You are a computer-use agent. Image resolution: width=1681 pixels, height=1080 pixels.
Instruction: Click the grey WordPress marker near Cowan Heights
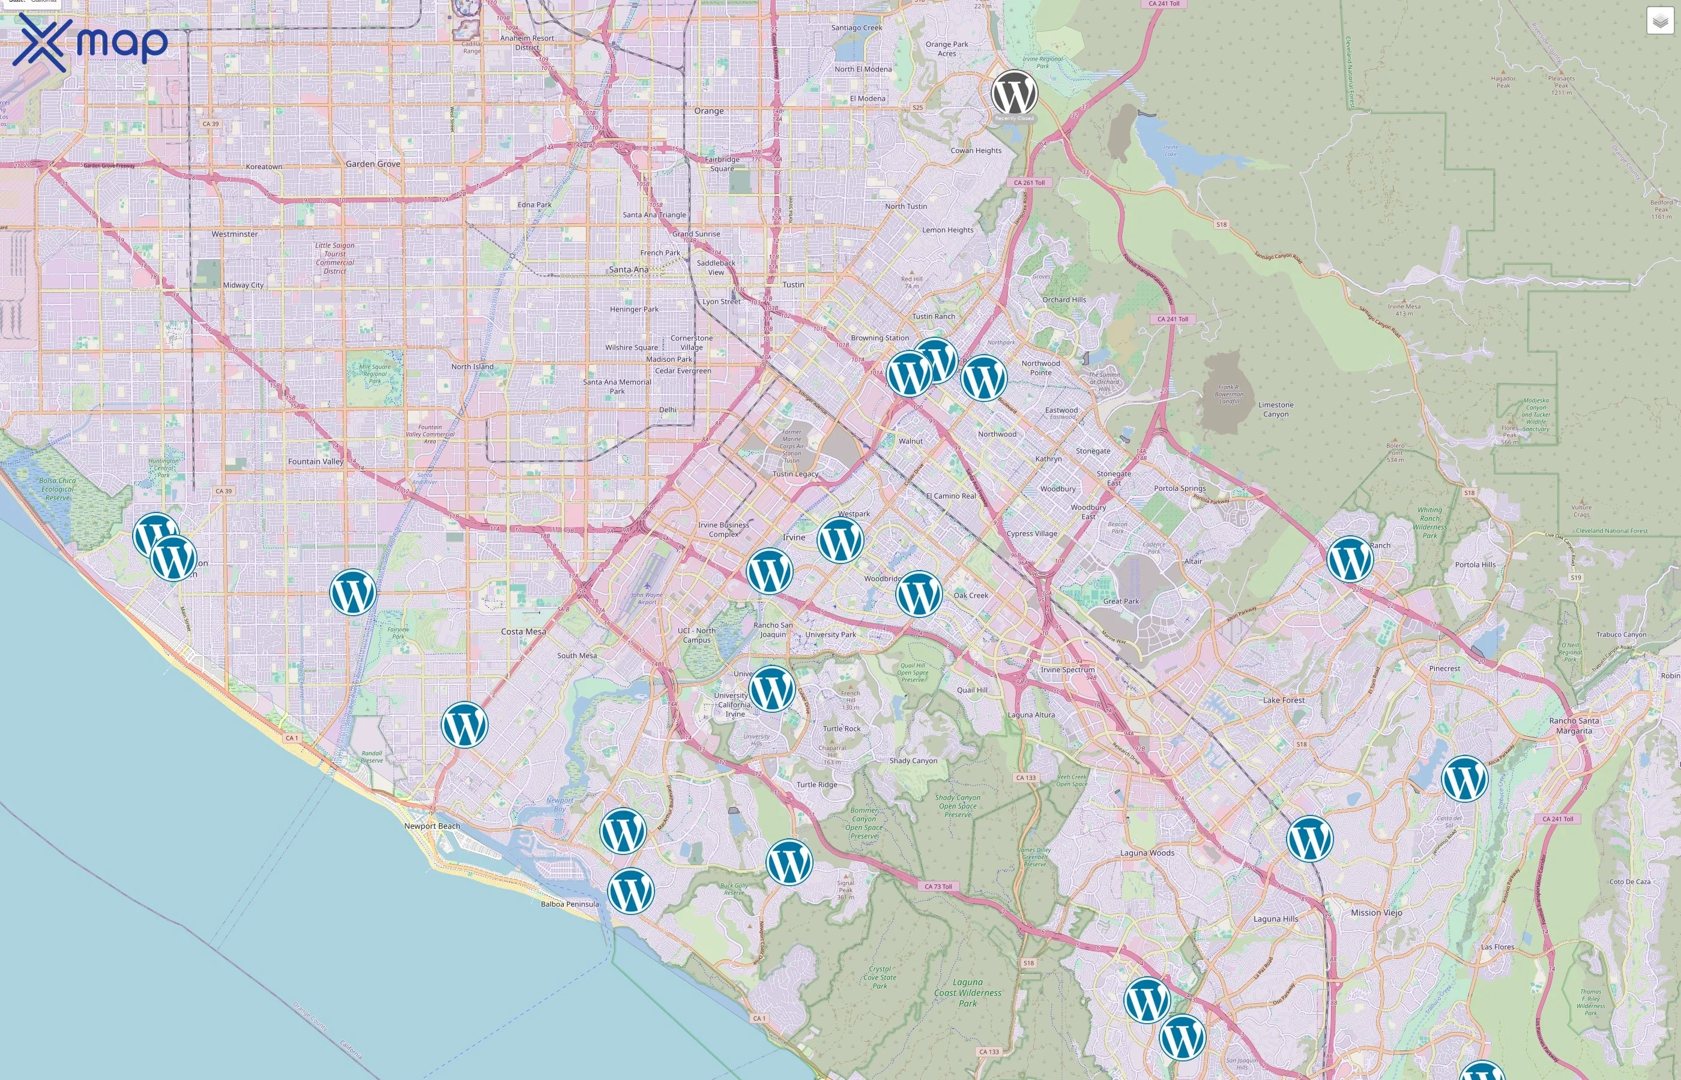[1014, 92]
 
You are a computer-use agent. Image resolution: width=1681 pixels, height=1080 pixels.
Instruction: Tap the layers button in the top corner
[1659, 21]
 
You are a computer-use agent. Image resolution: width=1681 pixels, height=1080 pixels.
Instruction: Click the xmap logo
[90, 42]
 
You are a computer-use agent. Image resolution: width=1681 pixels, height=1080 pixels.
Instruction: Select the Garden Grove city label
[373, 163]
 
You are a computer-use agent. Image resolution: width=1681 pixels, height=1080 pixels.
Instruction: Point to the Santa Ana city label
[628, 269]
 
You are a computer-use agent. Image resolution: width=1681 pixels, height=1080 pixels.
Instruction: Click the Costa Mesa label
[523, 631]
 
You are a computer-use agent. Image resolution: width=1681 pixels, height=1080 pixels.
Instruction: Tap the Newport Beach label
[432, 826]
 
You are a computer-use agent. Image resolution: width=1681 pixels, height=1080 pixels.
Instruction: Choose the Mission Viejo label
[1376, 913]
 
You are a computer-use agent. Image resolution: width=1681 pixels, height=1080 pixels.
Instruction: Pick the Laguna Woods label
[1147, 853]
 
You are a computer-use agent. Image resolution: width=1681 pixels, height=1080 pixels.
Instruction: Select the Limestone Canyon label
[1276, 409]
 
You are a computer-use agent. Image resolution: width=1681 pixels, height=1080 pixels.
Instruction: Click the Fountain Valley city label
[316, 461]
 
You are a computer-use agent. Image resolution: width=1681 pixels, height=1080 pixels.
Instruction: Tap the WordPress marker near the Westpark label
[840, 540]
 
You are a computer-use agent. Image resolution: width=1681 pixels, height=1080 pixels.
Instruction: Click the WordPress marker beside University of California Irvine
[771, 689]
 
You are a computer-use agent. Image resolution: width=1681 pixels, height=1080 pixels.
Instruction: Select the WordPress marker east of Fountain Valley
[353, 593]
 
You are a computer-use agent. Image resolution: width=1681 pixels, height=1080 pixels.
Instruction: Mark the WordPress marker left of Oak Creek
[919, 594]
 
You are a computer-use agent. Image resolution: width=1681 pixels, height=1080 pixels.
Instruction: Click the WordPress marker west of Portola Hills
[1349, 559]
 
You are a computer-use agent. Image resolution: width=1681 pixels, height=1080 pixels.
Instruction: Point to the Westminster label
[234, 234]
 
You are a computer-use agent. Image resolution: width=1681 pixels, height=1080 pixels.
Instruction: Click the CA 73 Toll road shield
[937, 886]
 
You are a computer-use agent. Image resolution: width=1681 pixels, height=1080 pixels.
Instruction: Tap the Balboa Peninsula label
[570, 904]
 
